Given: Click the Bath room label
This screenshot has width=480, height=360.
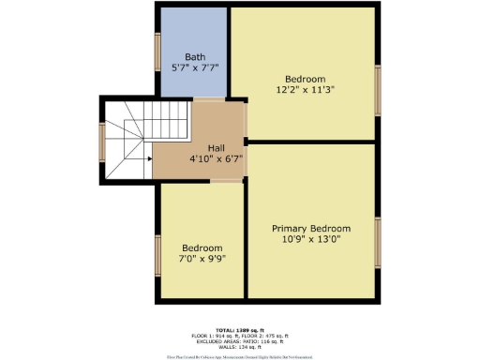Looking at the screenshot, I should pyautogui.click(x=195, y=57).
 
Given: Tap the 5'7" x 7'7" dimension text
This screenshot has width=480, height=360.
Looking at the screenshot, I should pyautogui.click(x=195, y=68).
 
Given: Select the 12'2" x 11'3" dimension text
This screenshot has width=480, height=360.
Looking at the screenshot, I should pyautogui.click(x=306, y=90).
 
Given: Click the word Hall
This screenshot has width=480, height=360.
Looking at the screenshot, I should pyautogui.click(x=216, y=147).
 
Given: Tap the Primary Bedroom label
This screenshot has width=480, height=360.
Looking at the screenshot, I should pyautogui.click(x=311, y=229).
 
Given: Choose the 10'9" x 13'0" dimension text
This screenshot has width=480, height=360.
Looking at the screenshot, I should pyautogui.click(x=311, y=240).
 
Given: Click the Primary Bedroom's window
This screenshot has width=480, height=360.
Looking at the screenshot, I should pyautogui.click(x=378, y=242).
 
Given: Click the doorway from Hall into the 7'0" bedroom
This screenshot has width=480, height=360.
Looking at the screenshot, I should pyautogui.click(x=224, y=182).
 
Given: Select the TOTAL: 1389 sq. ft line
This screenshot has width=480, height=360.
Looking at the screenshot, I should pyautogui.click(x=241, y=330).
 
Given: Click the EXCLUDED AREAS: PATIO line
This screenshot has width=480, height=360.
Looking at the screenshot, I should pyautogui.click(x=241, y=340).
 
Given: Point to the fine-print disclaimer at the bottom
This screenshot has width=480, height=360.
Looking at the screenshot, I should pyautogui.click(x=241, y=356).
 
